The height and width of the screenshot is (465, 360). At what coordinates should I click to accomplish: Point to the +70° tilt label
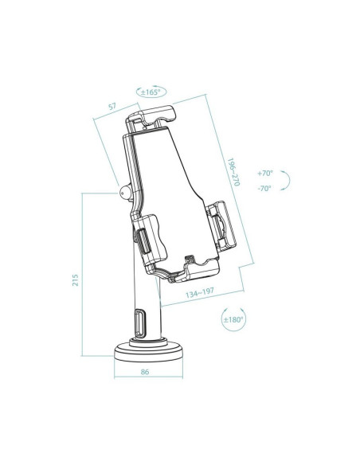tap(265, 173)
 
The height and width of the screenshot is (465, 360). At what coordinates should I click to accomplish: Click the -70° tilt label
tap(264, 189)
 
